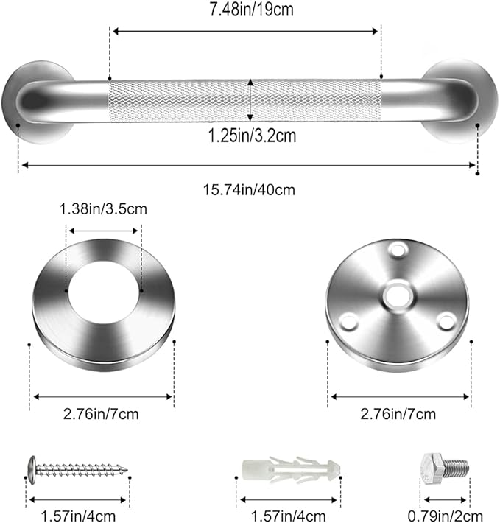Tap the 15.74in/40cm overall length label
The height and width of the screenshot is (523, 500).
click(x=249, y=189)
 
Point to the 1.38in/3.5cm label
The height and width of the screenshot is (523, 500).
click(x=103, y=209)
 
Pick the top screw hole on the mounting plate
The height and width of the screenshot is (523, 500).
click(x=398, y=250)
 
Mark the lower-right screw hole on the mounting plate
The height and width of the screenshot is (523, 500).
click(x=445, y=321)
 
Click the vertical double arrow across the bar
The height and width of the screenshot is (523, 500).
click(x=250, y=99)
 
